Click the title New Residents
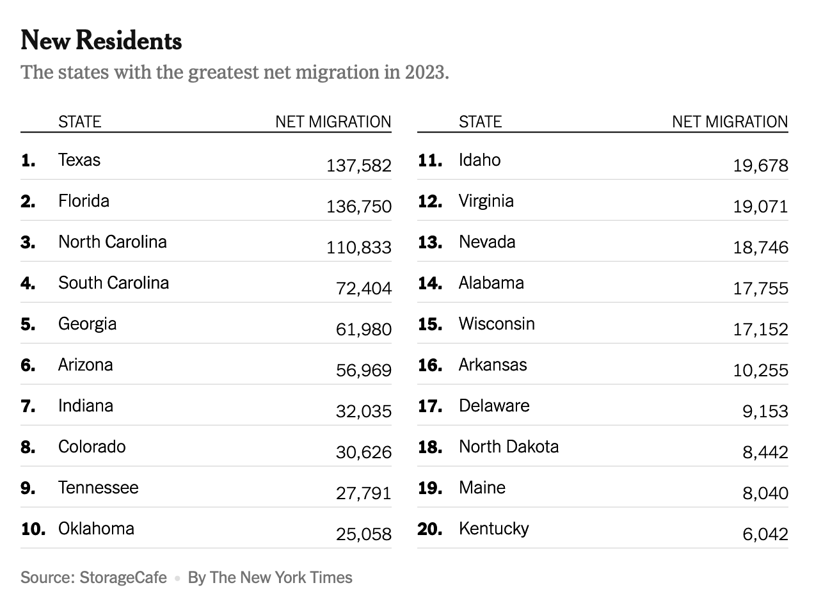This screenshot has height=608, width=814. click(x=101, y=41)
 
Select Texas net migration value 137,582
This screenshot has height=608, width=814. click(x=358, y=166)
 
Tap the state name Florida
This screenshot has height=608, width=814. click(x=84, y=201)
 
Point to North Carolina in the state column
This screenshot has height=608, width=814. click(x=113, y=242)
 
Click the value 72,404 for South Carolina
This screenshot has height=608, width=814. click(x=363, y=289)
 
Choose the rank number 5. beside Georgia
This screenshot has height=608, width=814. click(x=28, y=324)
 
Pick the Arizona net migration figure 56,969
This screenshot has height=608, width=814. click(x=363, y=371)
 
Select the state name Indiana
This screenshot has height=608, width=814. click(x=86, y=406)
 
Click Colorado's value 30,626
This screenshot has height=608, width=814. click(x=363, y=452)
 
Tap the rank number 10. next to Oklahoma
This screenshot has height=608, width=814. click(x=33, y=529)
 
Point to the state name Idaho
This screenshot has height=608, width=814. click(x=479, y=160)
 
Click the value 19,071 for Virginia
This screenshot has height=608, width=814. click(x=760, y=207)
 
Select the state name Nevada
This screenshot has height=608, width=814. click(x=487, y=242)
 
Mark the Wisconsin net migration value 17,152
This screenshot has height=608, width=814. click(x=760, y=330)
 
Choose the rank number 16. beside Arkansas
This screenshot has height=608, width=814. click(x=430, y=365)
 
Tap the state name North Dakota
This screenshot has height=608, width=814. click(x=509, y=447)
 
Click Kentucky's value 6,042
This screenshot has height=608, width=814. click(x=765, y=534)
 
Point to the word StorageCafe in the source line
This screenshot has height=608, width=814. click(x=123, y=578)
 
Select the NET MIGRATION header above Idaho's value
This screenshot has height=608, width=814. click(x=730, y=122)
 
